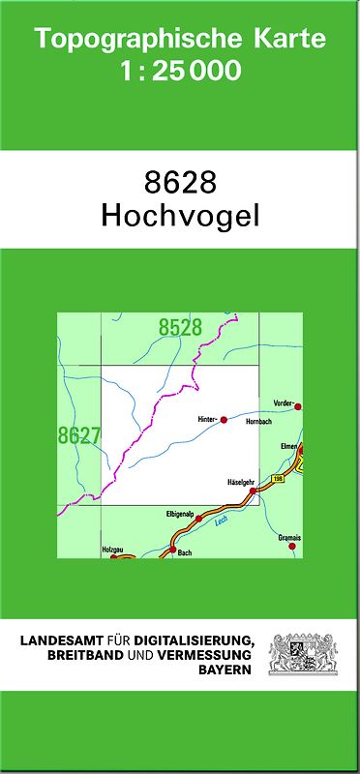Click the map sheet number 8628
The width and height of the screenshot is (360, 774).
click(x=180, y=182)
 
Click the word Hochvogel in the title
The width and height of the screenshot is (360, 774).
click(x=180, y=216)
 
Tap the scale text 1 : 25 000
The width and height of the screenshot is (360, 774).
click(x=179, y=71)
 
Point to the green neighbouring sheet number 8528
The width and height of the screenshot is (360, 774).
click(x=180, y=328)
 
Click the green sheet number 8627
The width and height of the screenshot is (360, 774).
click(x=79, y=435)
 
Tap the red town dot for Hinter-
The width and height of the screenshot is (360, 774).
click(x=224, y=420)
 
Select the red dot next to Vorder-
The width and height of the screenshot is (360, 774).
click(x=298, y=406)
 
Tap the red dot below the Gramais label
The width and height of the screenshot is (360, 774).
click(x=291, y=547)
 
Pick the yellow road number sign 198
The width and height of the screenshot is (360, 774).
click(x=279, y=478)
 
